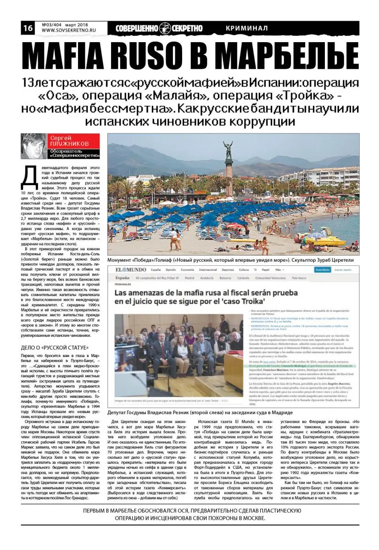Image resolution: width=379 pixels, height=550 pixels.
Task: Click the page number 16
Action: [28, 28]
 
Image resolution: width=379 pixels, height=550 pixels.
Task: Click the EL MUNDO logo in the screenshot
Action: [130, 270]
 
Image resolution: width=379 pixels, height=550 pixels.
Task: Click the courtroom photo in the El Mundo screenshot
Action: [178, 353]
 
